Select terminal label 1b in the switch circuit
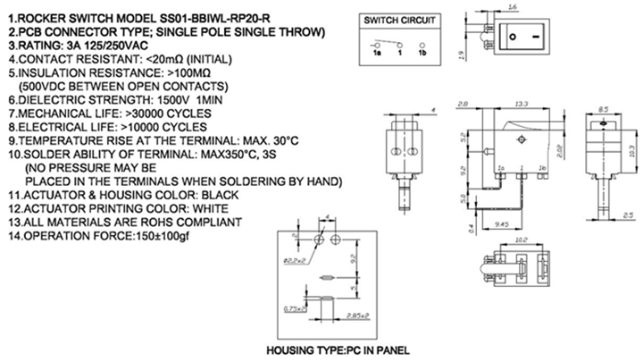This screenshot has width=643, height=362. click(422, 54)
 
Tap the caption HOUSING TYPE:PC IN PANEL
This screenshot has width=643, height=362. click(332, 349)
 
